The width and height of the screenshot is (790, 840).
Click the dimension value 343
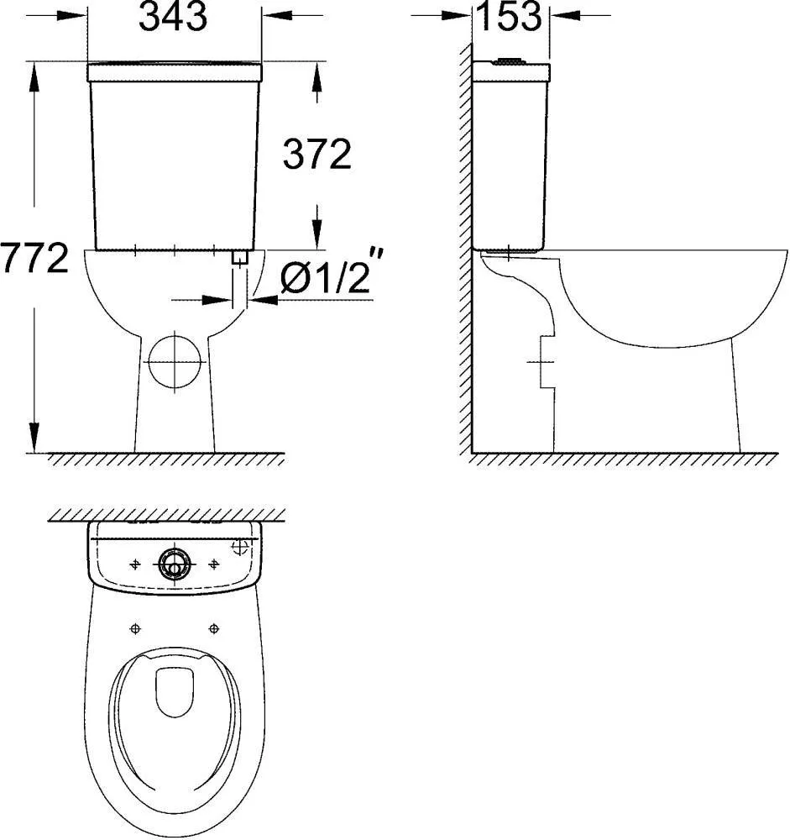pos(173,18)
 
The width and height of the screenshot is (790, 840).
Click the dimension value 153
pos(509,16)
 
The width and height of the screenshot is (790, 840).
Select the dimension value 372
pos(317,155)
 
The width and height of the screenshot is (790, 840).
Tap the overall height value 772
pos(34,260)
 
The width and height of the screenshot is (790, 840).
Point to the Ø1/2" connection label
pos(325,278)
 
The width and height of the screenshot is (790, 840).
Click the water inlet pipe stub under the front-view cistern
pos(241,259)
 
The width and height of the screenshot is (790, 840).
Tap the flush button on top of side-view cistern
pos(510,60)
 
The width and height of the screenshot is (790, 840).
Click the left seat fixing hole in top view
pos(135,627)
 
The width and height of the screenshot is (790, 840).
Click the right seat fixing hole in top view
pos(214,627)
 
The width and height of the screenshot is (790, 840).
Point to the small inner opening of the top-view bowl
pos(175,691)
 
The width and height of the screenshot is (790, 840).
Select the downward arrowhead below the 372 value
pos(317,231)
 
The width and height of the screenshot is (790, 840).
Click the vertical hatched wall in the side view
pos(464,252)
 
